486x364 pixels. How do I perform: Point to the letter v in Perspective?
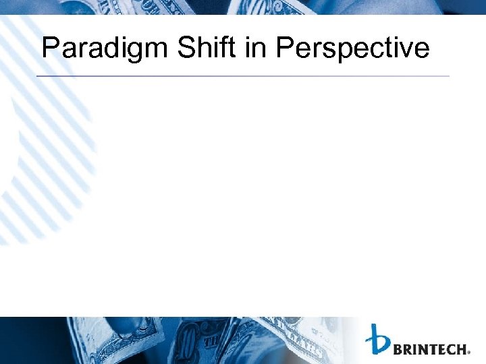pyautogui.click(x=405, y=51)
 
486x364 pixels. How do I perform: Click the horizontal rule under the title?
pyautogui.click(x=243, y=76)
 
